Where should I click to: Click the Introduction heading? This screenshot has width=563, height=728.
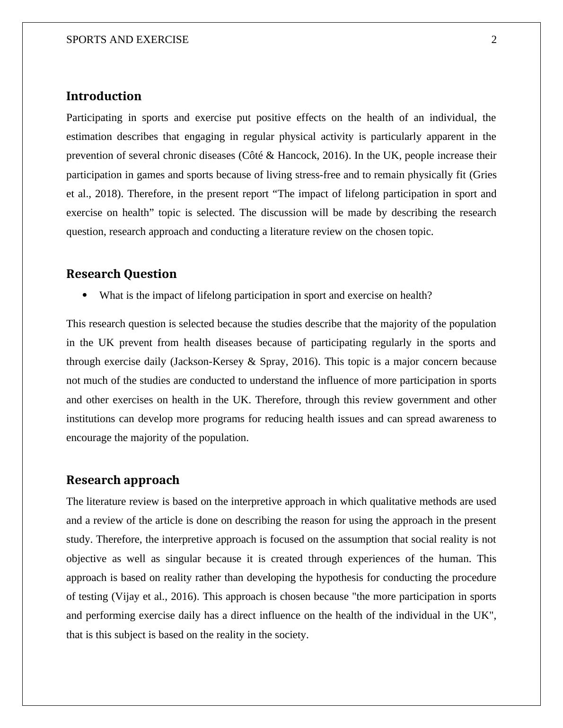tap(104, 96)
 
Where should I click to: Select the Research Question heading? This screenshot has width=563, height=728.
tap(121, 274)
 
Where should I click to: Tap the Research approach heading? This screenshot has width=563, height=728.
tap(123, 480)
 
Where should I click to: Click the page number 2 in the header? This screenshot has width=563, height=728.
tap(494, 40)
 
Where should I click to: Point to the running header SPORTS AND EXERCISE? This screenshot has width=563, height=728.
tap(127, 40)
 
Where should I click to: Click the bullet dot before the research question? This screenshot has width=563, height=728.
tap(85, 295)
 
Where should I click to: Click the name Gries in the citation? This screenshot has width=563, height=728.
tap(484, 175)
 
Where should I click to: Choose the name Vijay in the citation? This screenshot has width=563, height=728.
tap(127, 597)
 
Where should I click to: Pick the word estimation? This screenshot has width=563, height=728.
tap(89, 137)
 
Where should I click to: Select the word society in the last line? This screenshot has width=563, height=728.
tap(290, 635)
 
